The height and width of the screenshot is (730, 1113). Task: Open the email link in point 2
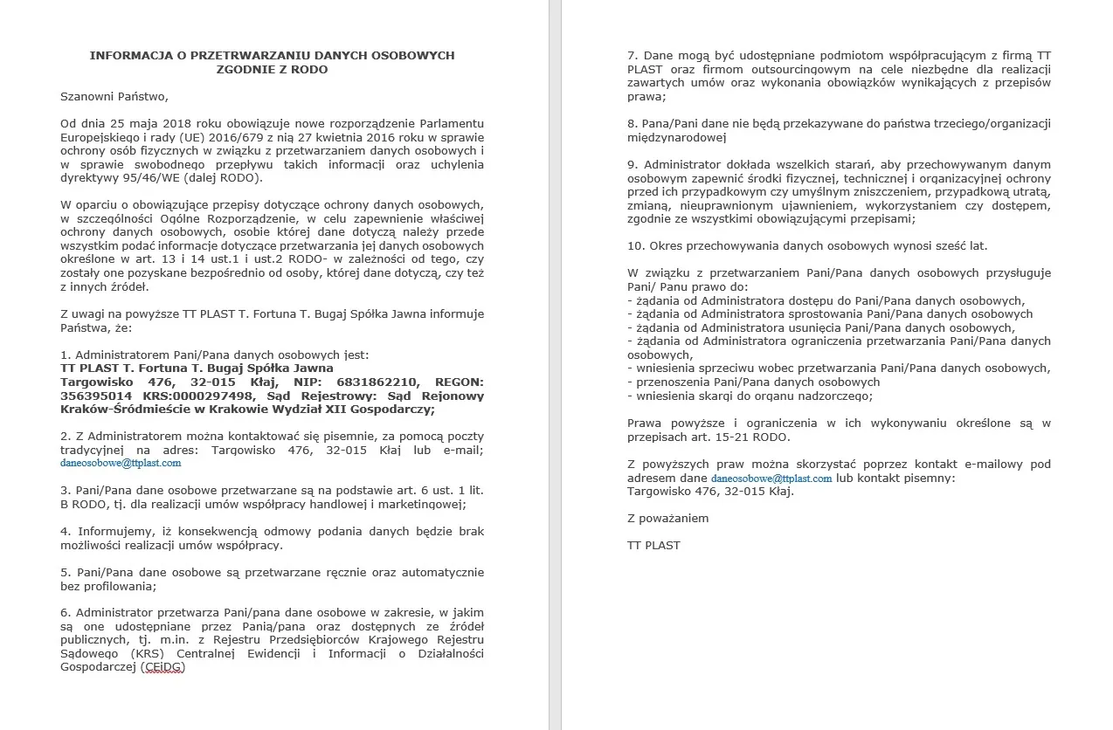[x=121, y=464]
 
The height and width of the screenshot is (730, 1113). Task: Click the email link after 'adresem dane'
[x=771, y=479]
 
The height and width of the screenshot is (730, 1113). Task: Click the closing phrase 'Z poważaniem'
[x=667, y=518]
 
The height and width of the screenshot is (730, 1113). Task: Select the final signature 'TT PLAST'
[x=653, y=545]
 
